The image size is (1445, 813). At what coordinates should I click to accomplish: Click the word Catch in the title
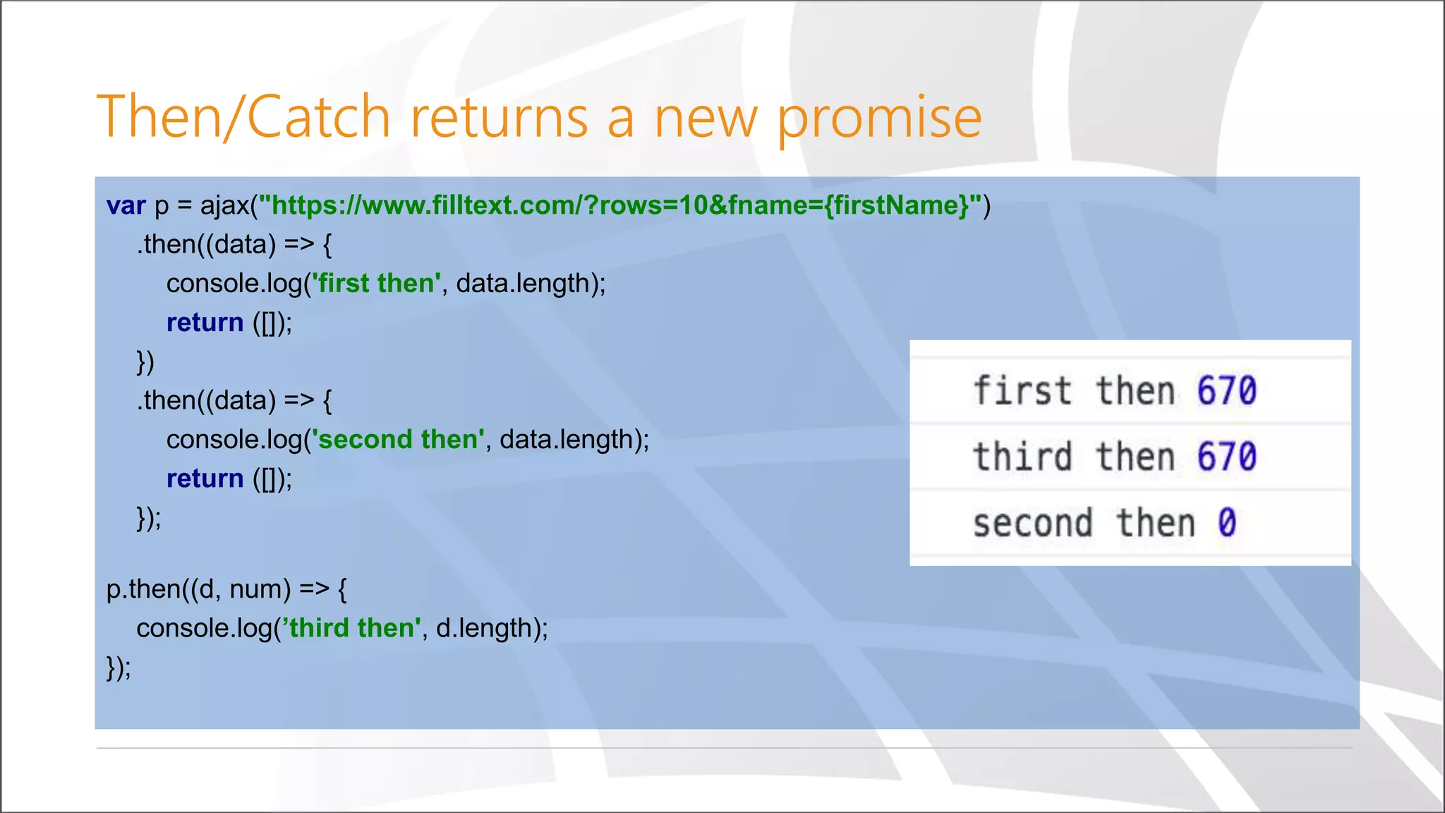318,116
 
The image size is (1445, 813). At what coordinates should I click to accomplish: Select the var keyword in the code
126,205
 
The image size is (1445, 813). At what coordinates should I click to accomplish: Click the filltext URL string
620,205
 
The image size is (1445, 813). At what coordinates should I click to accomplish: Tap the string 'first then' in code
376,283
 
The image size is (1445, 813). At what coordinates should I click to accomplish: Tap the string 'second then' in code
398,439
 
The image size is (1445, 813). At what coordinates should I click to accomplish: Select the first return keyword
205,323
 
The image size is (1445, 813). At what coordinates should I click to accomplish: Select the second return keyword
205,478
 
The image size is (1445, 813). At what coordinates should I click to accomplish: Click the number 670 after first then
1226,391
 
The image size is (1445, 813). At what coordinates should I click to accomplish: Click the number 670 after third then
1226,457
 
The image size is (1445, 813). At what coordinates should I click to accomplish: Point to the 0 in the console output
1226,523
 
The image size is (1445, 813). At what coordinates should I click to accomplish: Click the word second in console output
1032,523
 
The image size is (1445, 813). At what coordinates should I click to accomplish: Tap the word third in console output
1022,457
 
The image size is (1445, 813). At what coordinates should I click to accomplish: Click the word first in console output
1022,391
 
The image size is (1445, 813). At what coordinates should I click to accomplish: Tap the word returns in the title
499,116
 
